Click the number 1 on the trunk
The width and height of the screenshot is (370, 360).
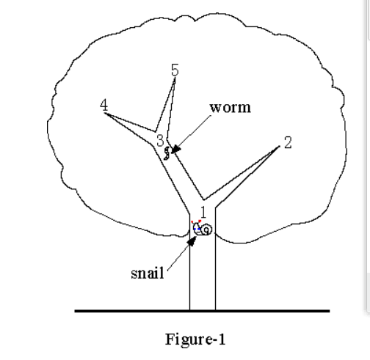click(x=203, y=212)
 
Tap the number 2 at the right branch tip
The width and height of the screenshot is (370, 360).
click(x=288, y=142)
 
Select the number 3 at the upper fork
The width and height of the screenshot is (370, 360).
click(x=160, y=140)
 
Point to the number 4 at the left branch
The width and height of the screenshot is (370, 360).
click(x=104, y=105)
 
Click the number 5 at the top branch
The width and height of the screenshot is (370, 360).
click(x=175, y=70)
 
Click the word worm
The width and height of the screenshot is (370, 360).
click(x=231, y=108)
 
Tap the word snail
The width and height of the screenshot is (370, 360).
click(x=148, y=273)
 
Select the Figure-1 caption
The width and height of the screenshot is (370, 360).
click(x=195, y=339)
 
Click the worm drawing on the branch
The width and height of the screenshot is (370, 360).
click(x=167, y=153)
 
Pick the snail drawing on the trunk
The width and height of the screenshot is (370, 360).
click(x=202, y=228)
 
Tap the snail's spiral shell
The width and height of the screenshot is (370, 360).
click(x=207, y=229)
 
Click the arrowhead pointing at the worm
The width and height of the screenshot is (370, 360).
click(x=176, y=149)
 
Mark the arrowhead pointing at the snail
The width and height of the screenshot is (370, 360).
click(x=192, y=241)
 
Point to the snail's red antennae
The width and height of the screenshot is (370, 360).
click(x=196, y=221)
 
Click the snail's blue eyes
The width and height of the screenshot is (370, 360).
click(x=197, y=229)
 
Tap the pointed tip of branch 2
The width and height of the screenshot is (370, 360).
click(x=280, y=146)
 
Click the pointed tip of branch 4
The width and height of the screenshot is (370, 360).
click(x=105, y=114)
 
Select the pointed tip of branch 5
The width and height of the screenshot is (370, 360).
click(x=175, y=78)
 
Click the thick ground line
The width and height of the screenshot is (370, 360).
click(x=202, y=311)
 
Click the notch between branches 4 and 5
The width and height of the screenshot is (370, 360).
click(x=156, y=131)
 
